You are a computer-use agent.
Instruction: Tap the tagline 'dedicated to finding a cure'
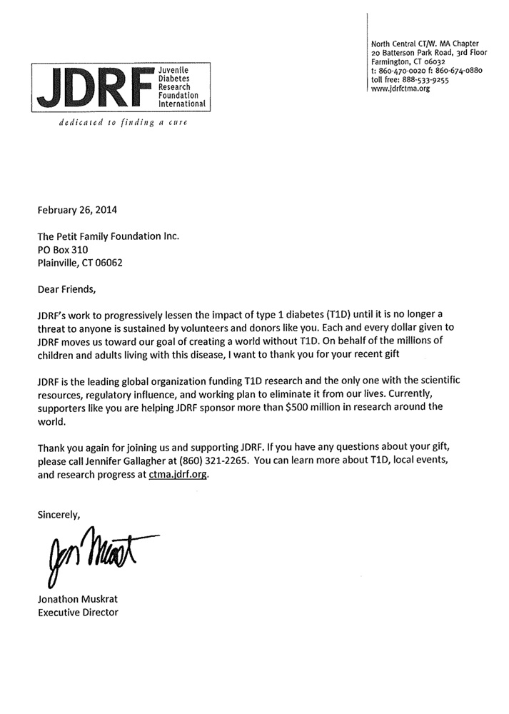click(x=116, y=123)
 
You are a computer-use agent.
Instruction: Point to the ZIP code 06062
click(x=106, y=263)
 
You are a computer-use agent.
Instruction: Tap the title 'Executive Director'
click(x=78, y=612)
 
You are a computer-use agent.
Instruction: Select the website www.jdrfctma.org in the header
click(x=400, y=89)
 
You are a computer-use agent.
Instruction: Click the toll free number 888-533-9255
click(x=423, y=80)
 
